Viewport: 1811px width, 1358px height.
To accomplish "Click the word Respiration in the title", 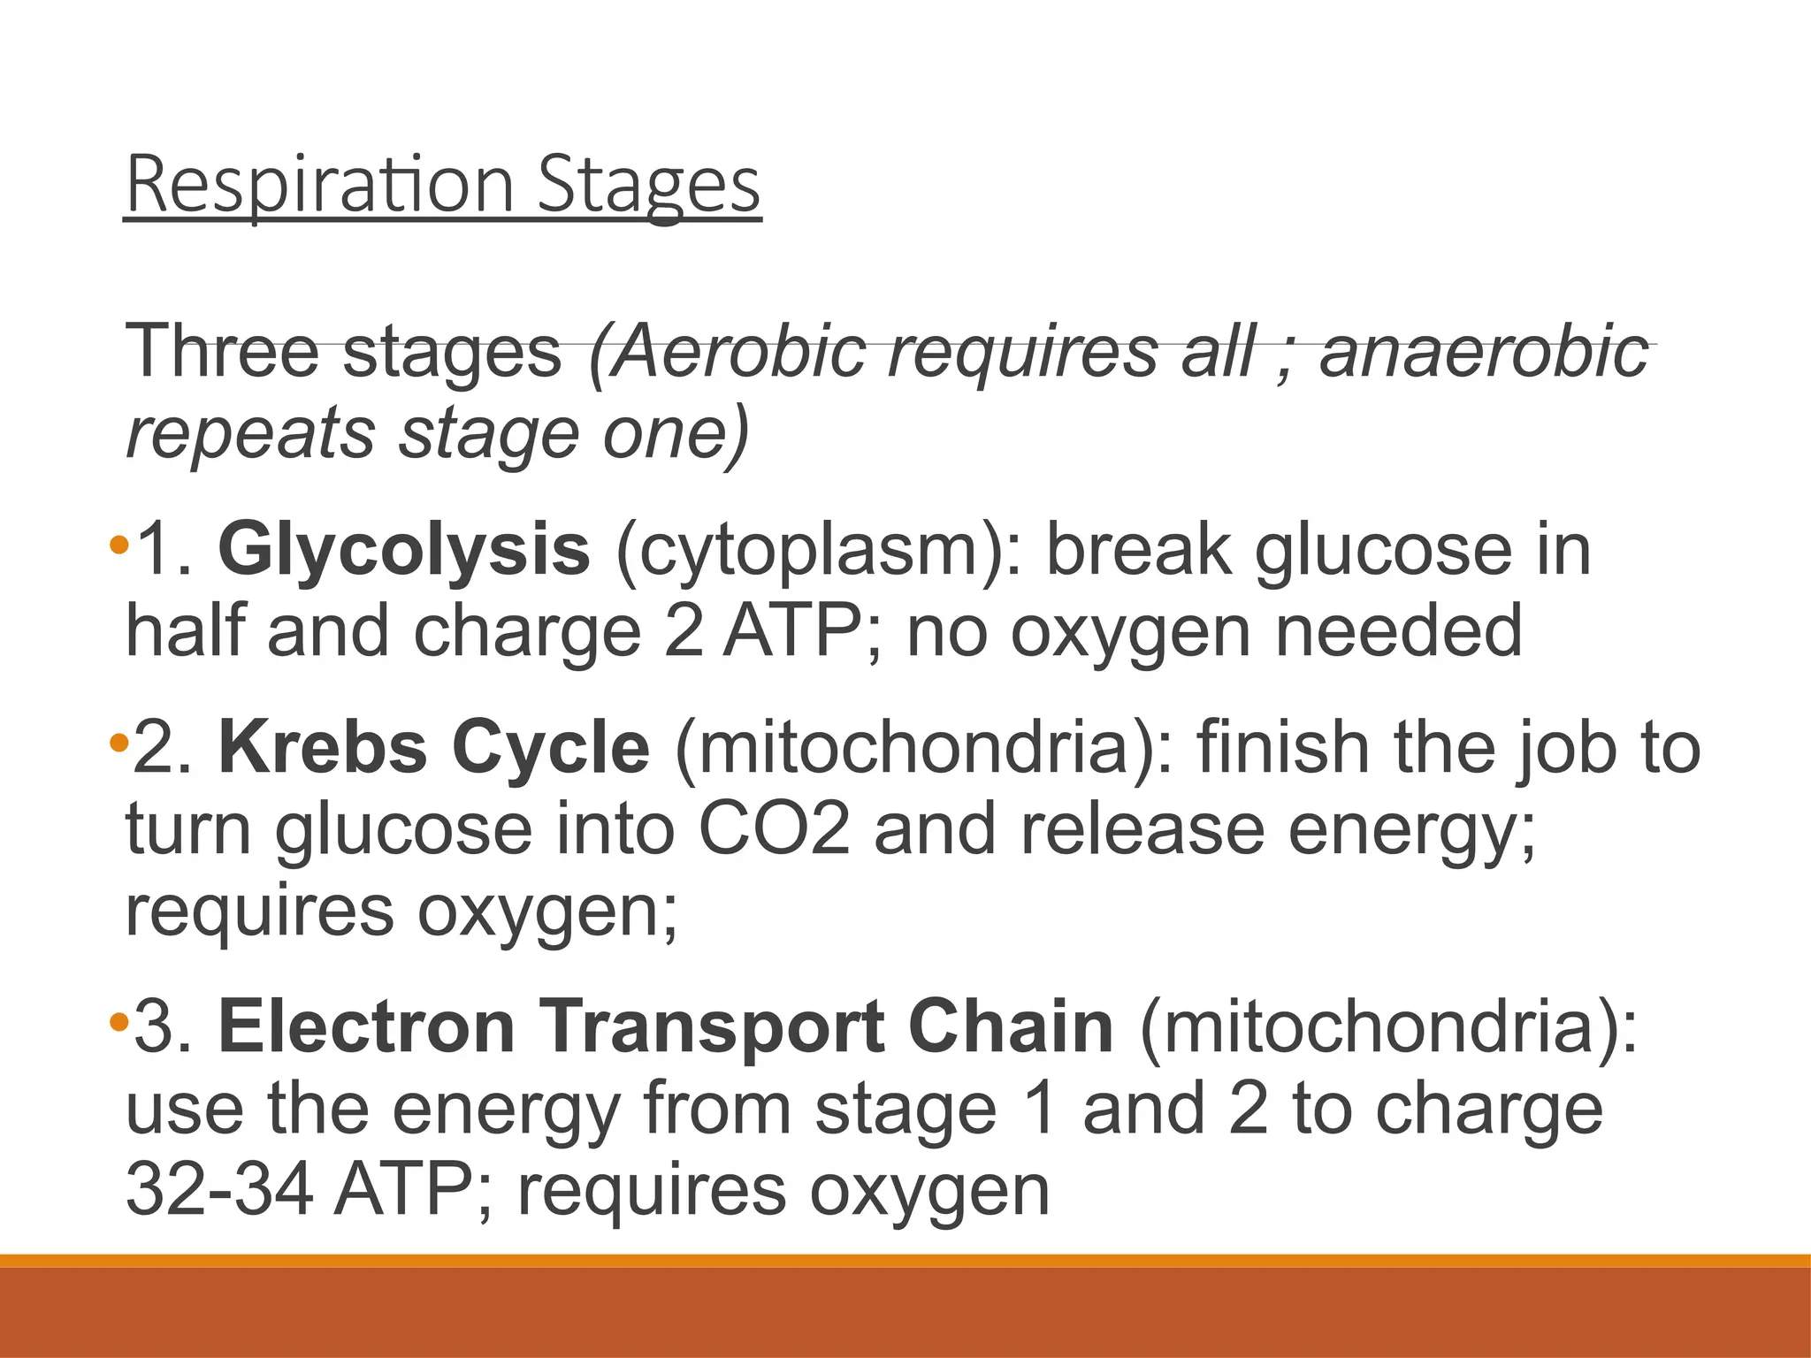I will [x=319, y=185].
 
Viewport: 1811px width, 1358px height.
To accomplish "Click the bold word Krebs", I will [x=323, y=748].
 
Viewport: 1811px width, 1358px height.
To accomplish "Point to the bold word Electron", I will [x=367, y=1027].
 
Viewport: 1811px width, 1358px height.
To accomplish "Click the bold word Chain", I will [x=1011, y=1027].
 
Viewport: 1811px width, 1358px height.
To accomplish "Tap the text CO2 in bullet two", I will [x=775, y=829].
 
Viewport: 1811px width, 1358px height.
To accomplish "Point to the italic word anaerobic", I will [x=1484, y=351].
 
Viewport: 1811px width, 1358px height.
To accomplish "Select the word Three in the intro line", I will [x=222, y=351].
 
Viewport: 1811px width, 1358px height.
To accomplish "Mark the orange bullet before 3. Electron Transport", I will [x=118, y=1023].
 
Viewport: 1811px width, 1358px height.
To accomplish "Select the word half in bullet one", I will [x=185, y=631].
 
